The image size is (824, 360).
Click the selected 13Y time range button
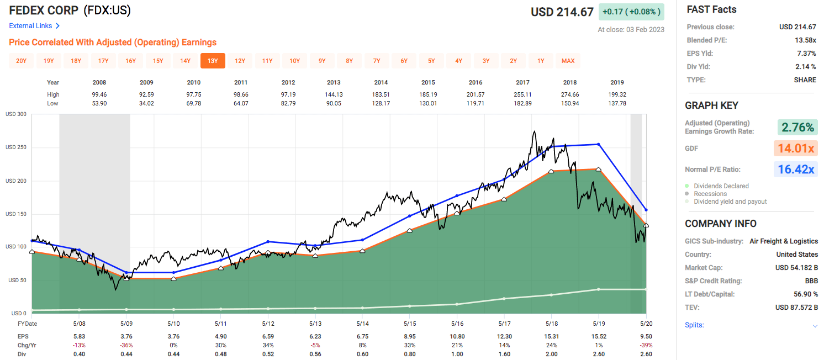point(213,61)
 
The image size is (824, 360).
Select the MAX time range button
point(568,61)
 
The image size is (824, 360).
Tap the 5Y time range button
point(431,61)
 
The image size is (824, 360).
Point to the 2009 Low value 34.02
point(146,103)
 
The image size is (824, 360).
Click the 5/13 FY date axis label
point(315,324)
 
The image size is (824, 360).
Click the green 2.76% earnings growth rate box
point(797,128)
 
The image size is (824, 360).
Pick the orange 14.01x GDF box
point(797,149)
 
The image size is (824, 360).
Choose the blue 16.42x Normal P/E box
point(797,170)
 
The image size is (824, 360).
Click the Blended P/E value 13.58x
point(805,40)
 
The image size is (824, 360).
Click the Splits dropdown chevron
point(815,326)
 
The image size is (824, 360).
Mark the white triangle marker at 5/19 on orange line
point(599,170)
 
